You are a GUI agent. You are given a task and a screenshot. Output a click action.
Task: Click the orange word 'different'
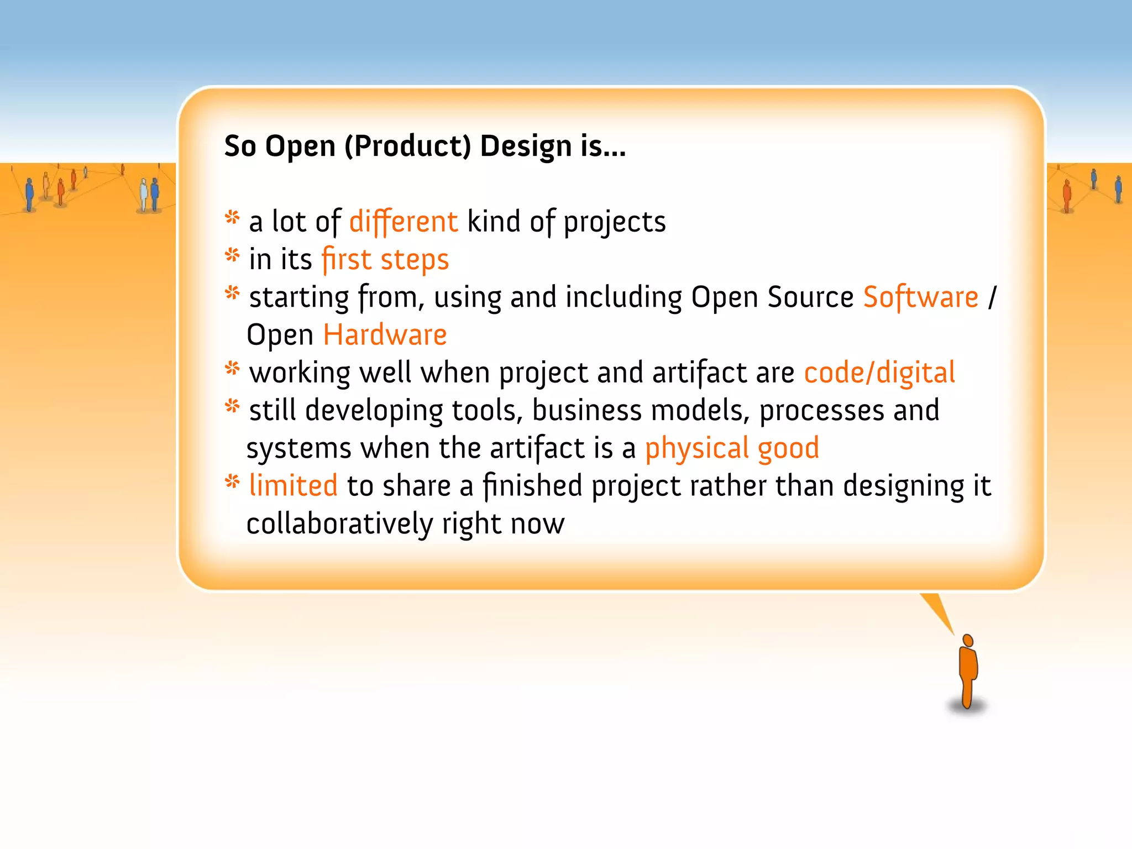(x=403, y=222)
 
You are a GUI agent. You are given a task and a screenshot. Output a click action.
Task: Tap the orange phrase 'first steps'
(x=385, y=259)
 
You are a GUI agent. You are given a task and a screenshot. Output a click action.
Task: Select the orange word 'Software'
(x=921, y=297)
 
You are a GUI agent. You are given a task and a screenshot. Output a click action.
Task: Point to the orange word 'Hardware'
(x=385, y=334)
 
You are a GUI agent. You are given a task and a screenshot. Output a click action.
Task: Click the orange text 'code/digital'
(x=879, y=373)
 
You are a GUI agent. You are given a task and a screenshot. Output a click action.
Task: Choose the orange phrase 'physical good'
(x=732, y=448)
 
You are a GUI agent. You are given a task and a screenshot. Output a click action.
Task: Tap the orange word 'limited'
(x=293, y=485)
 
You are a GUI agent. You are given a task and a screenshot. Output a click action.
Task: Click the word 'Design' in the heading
(x=526, y=146)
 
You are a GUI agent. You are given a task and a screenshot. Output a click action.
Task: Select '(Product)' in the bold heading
(x=408, y=146)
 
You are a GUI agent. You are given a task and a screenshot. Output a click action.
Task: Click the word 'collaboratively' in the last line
(x=339, y=523)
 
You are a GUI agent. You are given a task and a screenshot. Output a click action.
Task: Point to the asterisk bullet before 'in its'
(x=232, y=255)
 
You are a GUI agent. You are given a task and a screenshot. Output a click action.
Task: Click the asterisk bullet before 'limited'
(x=232, y=482)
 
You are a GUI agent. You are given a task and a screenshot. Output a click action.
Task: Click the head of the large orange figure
(x=968, y=640)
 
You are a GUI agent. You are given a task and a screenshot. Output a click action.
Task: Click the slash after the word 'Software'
(x=993, y=297)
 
